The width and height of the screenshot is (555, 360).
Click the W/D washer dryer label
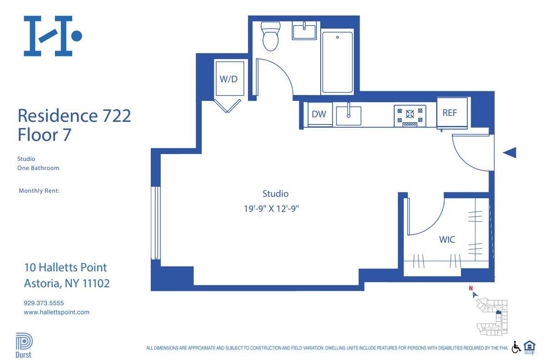(x=228, y=79)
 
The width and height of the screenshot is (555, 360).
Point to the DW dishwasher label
(x=319, y=114)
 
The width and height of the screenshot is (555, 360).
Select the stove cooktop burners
(x=410, y=115)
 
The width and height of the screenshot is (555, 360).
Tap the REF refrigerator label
(x=449, y=113)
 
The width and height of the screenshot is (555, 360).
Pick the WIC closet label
(x=447, y=240)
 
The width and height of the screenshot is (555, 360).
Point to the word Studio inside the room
(x=275, y=194)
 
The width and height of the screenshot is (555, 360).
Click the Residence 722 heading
(x=74, y=115)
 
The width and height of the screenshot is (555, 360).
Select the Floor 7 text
(x=44, y=135)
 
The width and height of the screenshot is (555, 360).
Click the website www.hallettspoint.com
(x=56, y=312)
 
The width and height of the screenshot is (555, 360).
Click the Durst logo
(x=24, y=345)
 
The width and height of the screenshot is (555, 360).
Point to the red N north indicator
(x=471, y=288)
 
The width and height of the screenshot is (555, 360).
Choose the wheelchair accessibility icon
(x=516, y=347)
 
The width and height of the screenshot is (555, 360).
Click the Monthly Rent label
(x=39, y=191)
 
